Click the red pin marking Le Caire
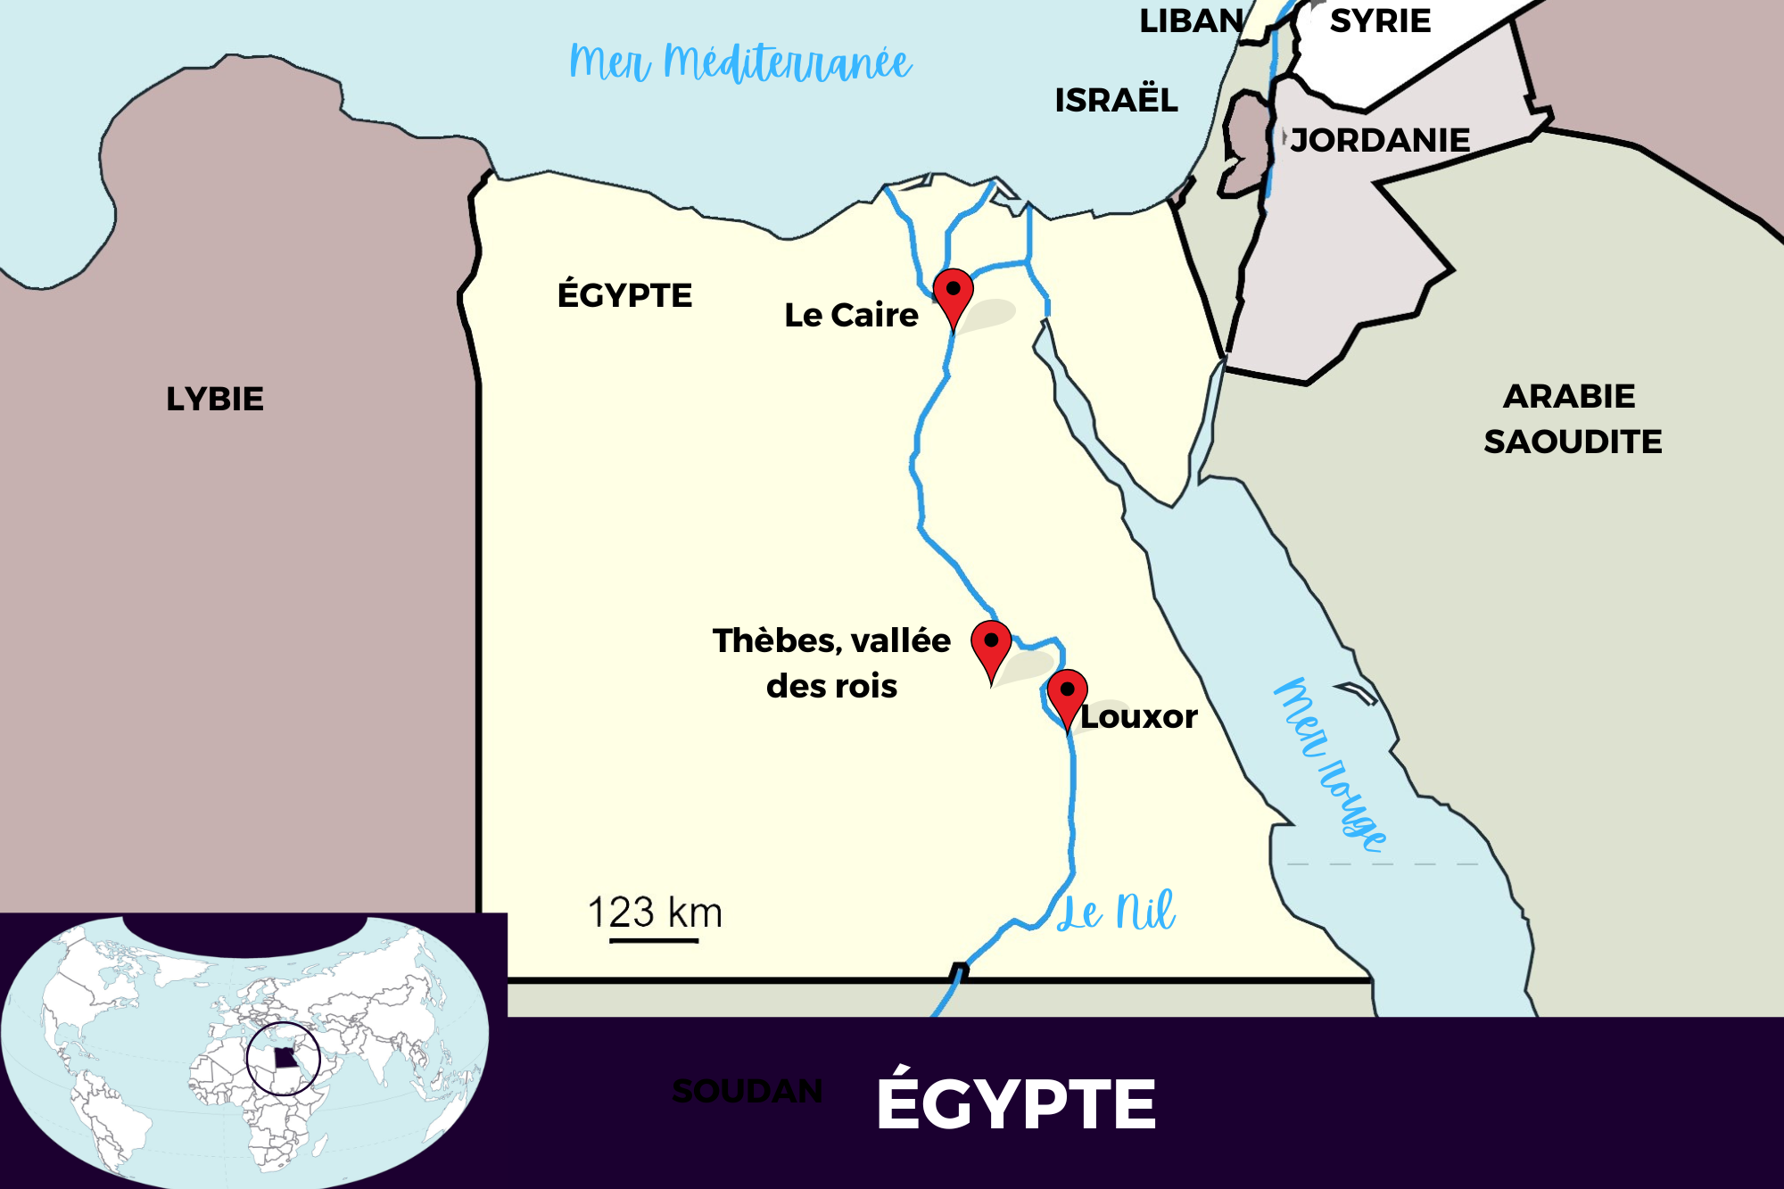tap(953, 292)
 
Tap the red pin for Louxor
tap(1067, 693)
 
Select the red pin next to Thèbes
tap(991, 644)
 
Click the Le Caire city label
tap(851, 315)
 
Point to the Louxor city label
tap(1139, 716)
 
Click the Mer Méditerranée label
tap(740, 62)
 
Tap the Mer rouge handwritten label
tap(1329, 764)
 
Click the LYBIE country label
tap(215, 399)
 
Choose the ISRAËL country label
tap(1116, 100)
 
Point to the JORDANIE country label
tap(1380, 140)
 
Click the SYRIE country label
tap(1380, 21)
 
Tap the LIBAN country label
tap(1192, 21)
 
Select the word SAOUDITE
tap(1573, 442)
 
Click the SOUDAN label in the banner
tap(747, 1091)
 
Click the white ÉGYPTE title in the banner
tap(1016, 1104)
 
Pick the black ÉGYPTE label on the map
tap(624, 295)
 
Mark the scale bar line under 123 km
tap(654, 940)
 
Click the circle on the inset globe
tap(284, 1059)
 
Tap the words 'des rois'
tap(831, 686)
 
